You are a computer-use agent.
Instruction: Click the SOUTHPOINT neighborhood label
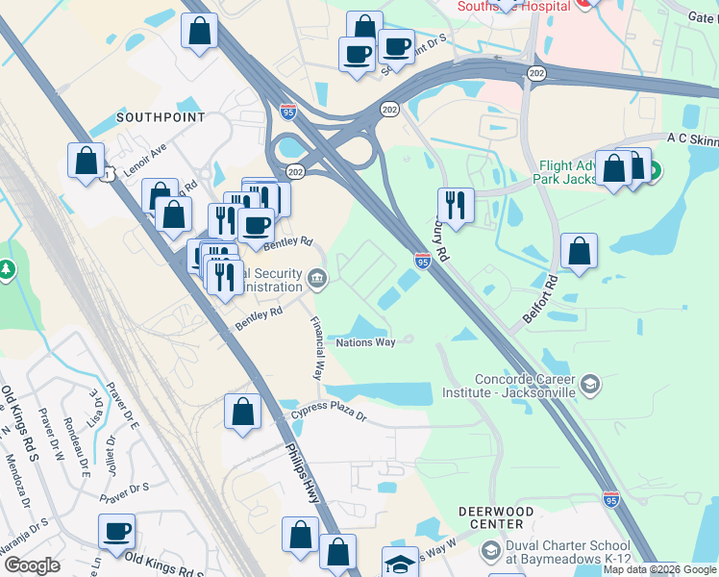pos(161,117)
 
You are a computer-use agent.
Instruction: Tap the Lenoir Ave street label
pos(144,154)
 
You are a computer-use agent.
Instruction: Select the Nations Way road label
pos(365,342)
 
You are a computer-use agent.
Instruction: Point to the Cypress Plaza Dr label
pos(330,416)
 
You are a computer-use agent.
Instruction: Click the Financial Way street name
pos(318,348)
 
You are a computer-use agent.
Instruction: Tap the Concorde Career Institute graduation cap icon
pos(590,386)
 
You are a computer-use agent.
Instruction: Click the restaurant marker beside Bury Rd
pos(455,204)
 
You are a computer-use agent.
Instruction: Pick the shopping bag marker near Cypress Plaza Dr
pos(242,411)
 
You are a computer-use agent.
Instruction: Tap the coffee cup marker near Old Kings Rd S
pos(116,530)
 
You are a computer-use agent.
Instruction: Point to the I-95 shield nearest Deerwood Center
pos(611,499)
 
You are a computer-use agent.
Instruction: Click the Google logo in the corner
pos(31,565)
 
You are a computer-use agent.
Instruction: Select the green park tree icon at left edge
pos(7,270)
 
